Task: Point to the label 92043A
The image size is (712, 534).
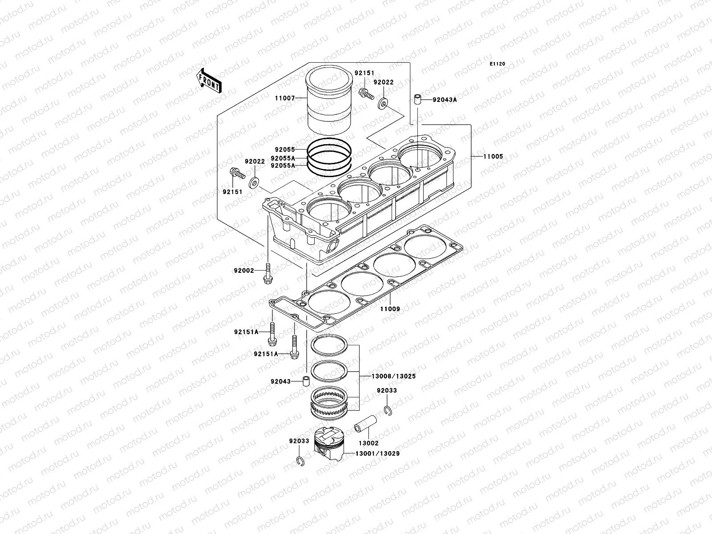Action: (x=445, y=100)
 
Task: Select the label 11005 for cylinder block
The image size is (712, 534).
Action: (x=493, y=156)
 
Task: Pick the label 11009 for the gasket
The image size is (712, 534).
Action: (x=390, y=308)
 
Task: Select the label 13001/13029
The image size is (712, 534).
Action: (x=377, y=453)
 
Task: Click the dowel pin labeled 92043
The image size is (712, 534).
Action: (x=306, y=381)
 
